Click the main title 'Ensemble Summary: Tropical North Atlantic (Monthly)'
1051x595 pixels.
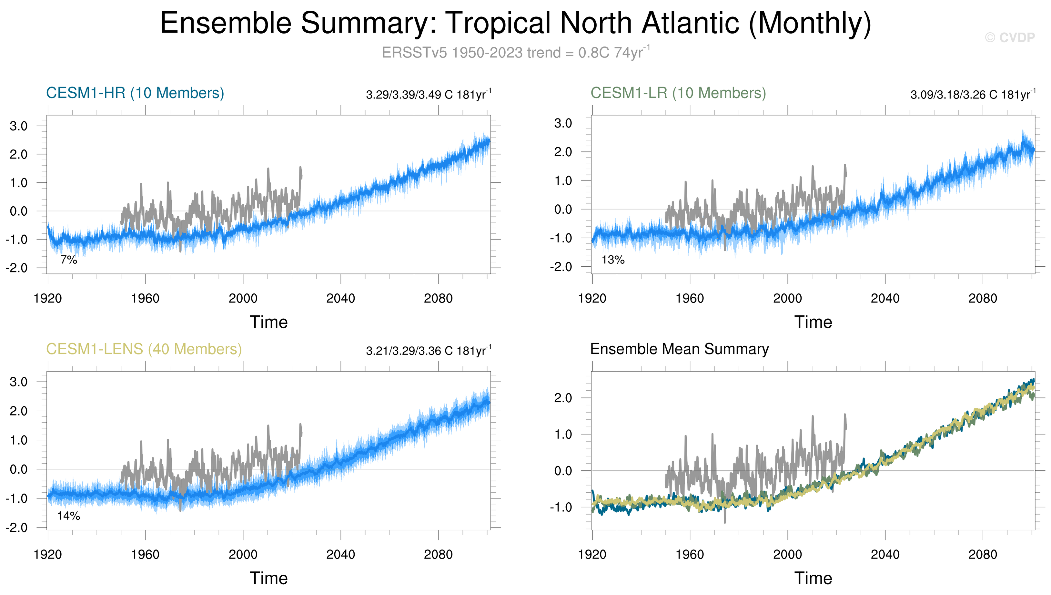point(515,23)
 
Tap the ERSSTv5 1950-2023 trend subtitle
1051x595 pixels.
point(515,53)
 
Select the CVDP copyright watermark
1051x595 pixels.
point(1009,37)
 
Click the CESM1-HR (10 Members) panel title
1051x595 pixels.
point(135,93)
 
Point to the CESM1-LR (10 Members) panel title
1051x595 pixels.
point(678,93)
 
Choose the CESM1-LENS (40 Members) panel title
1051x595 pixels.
point(144,349)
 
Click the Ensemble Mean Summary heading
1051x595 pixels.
point(679,349)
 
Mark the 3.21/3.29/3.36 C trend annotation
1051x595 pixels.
point(429,351)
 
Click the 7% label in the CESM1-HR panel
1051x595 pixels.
point(69,260)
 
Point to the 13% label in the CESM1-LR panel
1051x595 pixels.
point(613,260)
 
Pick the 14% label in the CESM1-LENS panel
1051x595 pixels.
point(69,516)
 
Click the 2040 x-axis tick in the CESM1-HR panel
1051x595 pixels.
point(341,299)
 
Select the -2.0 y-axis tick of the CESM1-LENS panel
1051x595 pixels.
point(17,528)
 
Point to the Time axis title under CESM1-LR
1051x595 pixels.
point(813,323)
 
